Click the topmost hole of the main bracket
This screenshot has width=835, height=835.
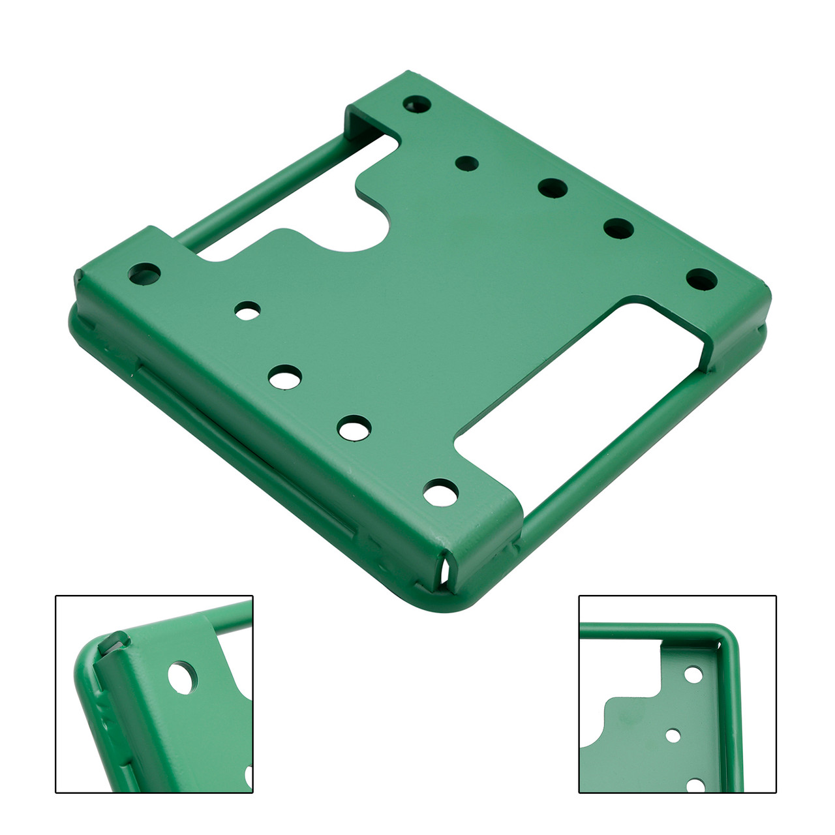[x=417, y=104]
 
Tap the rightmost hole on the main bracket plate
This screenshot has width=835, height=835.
[x=701, y=279]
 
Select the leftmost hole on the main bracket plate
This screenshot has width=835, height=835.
[x=145, y=273]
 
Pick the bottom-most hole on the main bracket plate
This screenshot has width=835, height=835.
[x=441, y=493]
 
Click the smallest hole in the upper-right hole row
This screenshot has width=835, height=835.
[x=466, y=163]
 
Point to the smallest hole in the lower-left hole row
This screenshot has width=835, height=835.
[x=247, y=311]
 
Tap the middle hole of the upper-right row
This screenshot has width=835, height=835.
[x=553, y=188]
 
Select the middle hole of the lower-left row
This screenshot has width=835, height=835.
[x=286, y=377]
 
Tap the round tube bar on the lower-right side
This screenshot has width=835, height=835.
[x=626, y=450]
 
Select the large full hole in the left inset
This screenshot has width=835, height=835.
[x=182, y=678]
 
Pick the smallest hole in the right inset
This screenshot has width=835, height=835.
[x=673, y=736]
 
